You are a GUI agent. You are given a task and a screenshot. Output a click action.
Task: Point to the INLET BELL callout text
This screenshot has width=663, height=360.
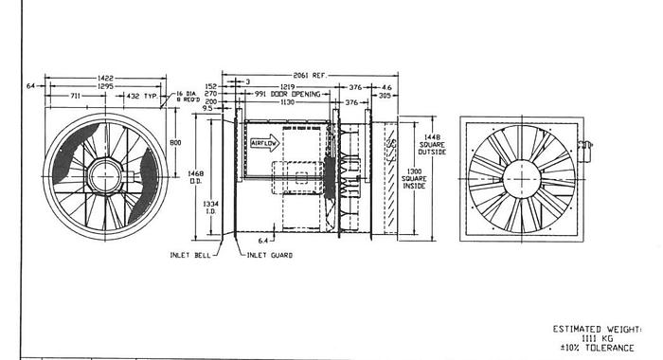[189, 255]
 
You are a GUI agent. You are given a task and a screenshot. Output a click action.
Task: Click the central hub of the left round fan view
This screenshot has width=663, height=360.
[106, 176]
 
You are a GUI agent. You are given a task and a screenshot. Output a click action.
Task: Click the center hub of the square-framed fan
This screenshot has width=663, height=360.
[522, 178]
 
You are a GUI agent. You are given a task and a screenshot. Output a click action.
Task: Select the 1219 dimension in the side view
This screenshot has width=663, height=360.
[285, 87]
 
